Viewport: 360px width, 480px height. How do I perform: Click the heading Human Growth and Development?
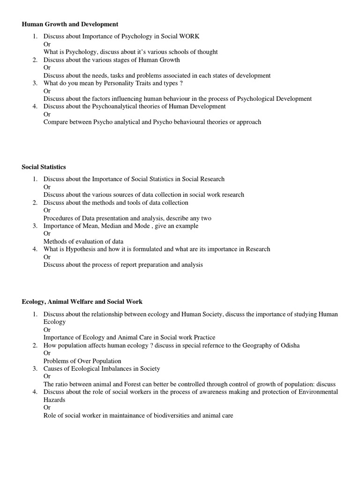(x=70, y=24)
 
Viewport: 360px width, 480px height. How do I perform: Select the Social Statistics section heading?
(x=44, y=167)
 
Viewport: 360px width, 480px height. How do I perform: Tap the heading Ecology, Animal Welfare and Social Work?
(x=82, y=302)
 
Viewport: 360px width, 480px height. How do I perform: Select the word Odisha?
(x=289, y=345)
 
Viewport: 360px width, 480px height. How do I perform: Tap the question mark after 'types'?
(x=181, y=83)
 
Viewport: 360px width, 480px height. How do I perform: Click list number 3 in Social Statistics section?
(x=35, y=225)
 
